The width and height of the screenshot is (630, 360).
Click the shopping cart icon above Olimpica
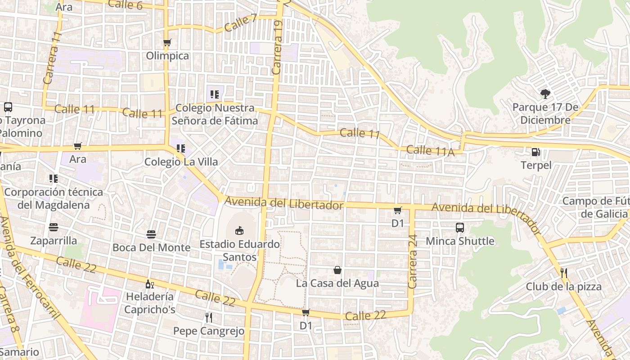[167, 43]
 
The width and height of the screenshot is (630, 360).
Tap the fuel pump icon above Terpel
[535, 152]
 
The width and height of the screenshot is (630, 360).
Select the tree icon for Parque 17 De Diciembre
[545, 94]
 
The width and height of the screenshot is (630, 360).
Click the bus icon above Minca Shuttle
[459, 228]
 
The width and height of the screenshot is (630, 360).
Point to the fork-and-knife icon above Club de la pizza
[563, 273]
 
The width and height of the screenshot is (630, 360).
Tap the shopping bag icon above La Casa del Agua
[337, 270]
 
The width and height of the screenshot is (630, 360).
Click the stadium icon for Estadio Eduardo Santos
[239, 231]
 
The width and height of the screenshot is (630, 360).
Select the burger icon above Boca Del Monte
[151, 234]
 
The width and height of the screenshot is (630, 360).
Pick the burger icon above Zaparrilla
[54, 227]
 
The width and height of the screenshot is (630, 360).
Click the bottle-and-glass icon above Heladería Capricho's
[149, 284]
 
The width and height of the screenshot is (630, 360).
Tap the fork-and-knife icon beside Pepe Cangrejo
[208, 318]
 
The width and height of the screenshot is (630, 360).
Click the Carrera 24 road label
[413, 261]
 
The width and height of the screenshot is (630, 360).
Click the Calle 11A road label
[430, 151]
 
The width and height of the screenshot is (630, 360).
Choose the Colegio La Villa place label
[181, 162]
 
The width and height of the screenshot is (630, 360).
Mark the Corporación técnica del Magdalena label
[54, 198]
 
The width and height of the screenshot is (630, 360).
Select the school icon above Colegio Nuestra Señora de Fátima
[214, 94]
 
